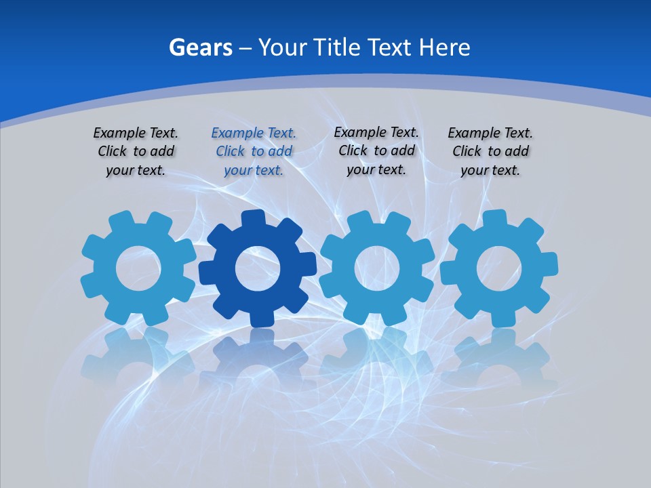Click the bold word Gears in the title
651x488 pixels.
click(201, 47)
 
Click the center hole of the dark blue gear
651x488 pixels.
click(257, 268)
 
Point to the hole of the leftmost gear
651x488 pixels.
click(138, 268)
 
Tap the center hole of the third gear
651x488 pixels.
click(376, 268)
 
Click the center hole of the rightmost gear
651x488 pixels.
click(498, 268)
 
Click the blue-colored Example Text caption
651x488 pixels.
click(254, 152)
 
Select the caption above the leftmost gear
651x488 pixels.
click(136, 152)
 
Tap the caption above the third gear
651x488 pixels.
click(376, 151)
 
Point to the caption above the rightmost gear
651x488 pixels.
click(490, 152)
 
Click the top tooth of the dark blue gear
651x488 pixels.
click(254, 219)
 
